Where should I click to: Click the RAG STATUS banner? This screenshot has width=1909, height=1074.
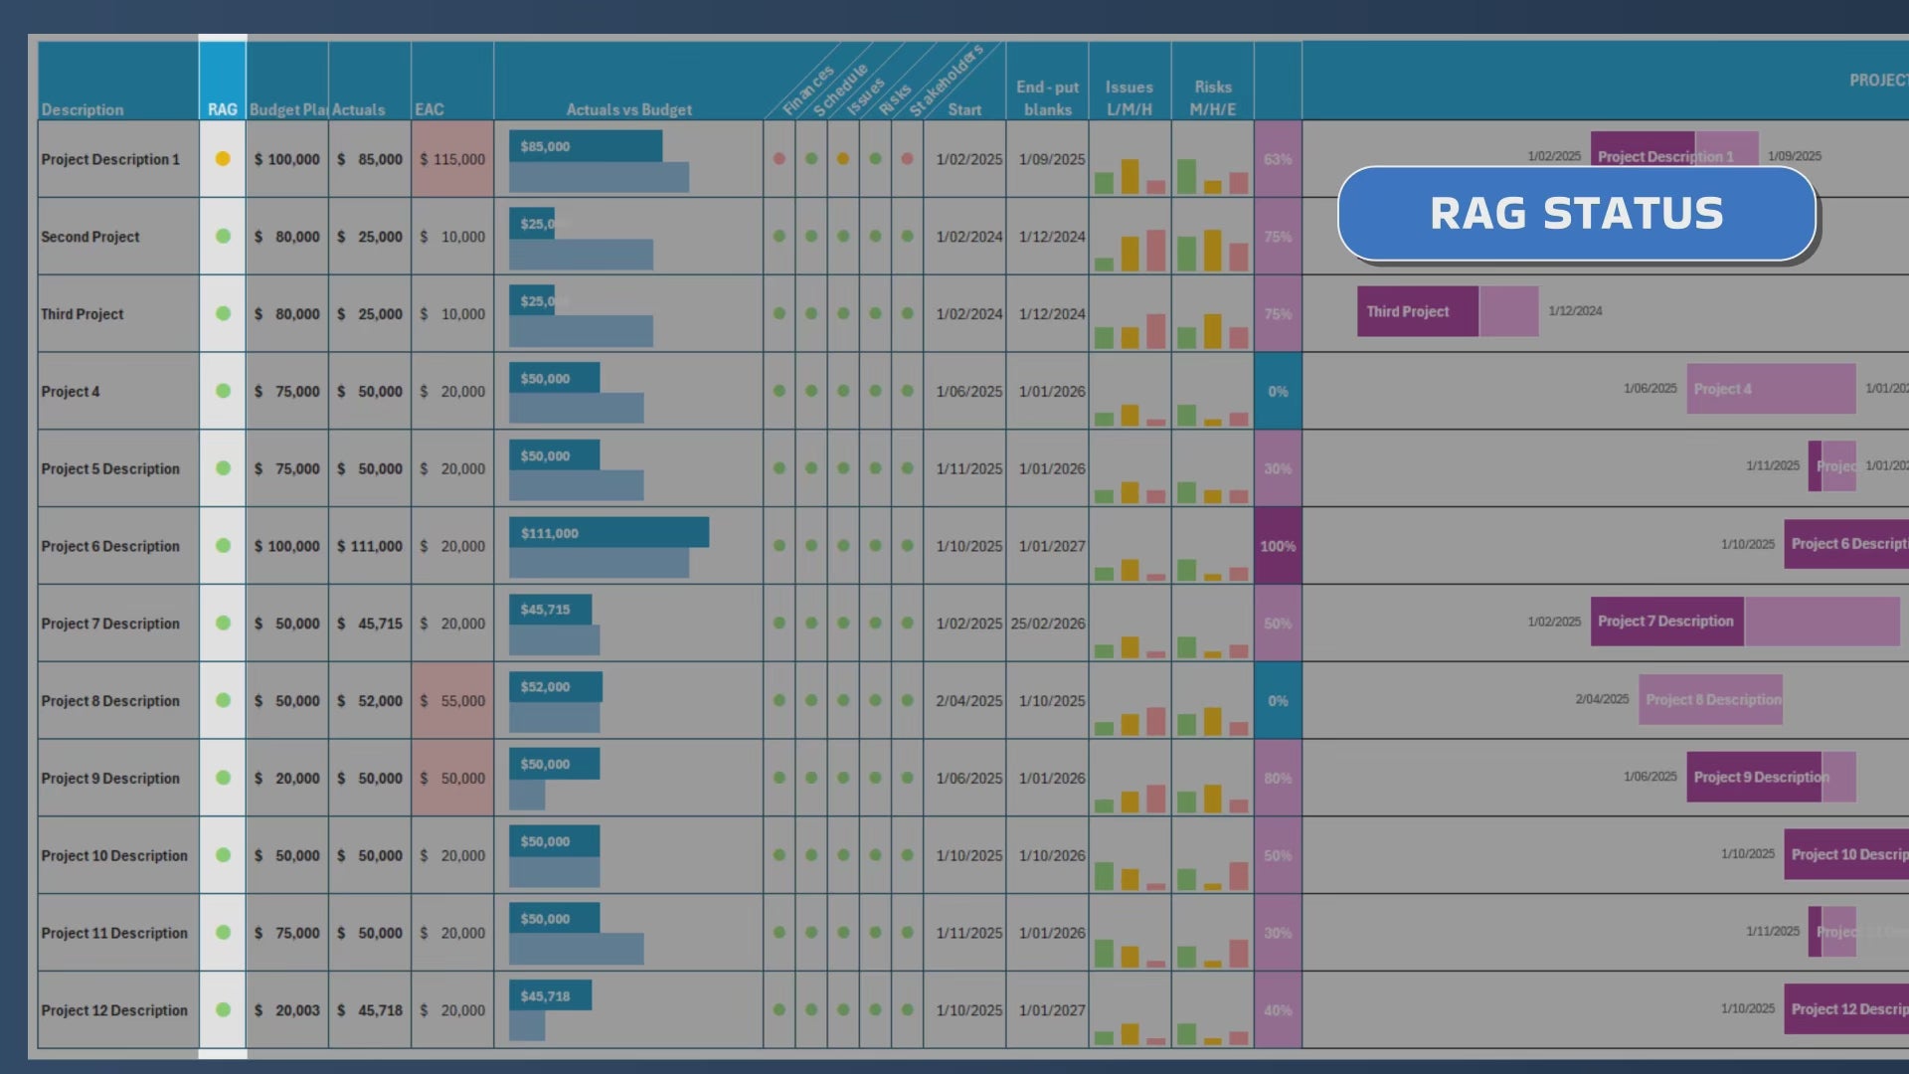pyautogui.click(x=1576, y=214)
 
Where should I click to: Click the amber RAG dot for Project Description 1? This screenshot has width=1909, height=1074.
pyautogui.click(x=223, y=159)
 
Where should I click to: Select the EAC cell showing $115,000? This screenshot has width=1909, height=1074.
pyautogui.click(x=452, y=159)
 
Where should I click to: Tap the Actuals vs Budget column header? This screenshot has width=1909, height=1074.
pyautogui.click(x=628, y=109)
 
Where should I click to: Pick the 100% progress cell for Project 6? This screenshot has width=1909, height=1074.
pyautogui.click(x=1278, y=546)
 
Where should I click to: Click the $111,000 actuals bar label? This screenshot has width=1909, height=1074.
pyautogui.click(x=550, y=533)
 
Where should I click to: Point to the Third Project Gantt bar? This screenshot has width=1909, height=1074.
pyautogui.click(x=1417, y=311)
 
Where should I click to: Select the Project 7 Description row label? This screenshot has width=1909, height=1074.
pyautogui.click(x=110, y=624)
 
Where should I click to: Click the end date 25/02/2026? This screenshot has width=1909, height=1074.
pyautogui.click(x=1048, y=624)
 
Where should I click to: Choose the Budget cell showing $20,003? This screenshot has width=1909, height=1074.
pyautogui.click(x=287, y=1010)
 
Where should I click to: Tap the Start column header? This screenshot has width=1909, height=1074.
pyautogui.click(x=964, y=109)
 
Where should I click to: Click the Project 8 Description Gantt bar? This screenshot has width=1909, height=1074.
pyautogui.click(x=1710, y=700)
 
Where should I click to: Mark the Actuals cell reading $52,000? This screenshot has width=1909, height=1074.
pyautogui.click(x=370, y=701)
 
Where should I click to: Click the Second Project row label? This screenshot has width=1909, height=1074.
pyautogui.click(x=90, y=237)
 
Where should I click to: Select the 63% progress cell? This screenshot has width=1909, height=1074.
pyautogui.click(x=1278, y=159)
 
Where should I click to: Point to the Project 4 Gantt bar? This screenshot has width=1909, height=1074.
pyautogui.click(x=1770, y=389)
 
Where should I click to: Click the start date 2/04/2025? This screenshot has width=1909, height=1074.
pyautogui.click(x=968, y=701)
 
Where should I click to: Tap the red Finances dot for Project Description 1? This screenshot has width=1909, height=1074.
pyautogui.click(x=780, y=159)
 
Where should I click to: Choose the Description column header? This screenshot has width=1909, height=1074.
pyautogui.click(x=83, y=109)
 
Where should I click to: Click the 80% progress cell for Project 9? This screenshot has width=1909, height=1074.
pyautogui.click(x=1278, y=779)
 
